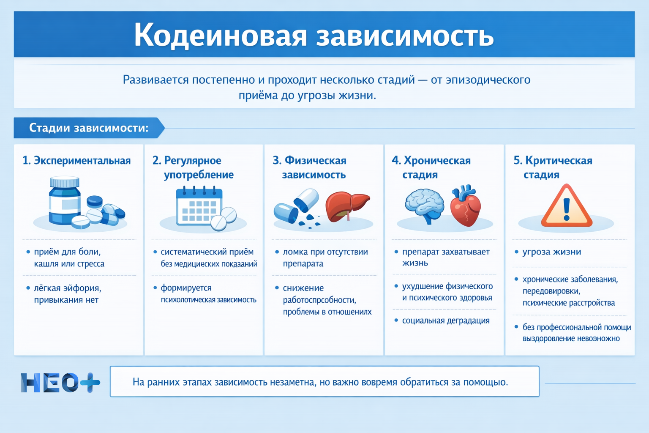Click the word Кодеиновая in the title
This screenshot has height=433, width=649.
point(220,35)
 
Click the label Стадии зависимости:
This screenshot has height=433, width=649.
point(89,128)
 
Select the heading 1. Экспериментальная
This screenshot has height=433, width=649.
point(76,161)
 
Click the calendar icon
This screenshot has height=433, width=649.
point(198,207)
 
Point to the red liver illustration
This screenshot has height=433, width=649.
point(346,205)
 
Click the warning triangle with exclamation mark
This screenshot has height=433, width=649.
point(567,207)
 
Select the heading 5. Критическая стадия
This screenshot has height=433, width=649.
point(553,167)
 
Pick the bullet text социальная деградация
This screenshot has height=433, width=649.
point(446,321)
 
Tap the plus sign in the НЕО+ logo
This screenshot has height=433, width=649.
point(90,383)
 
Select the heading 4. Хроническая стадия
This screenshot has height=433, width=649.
point(431,167)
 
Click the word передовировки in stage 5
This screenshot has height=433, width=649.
point(551,291)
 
